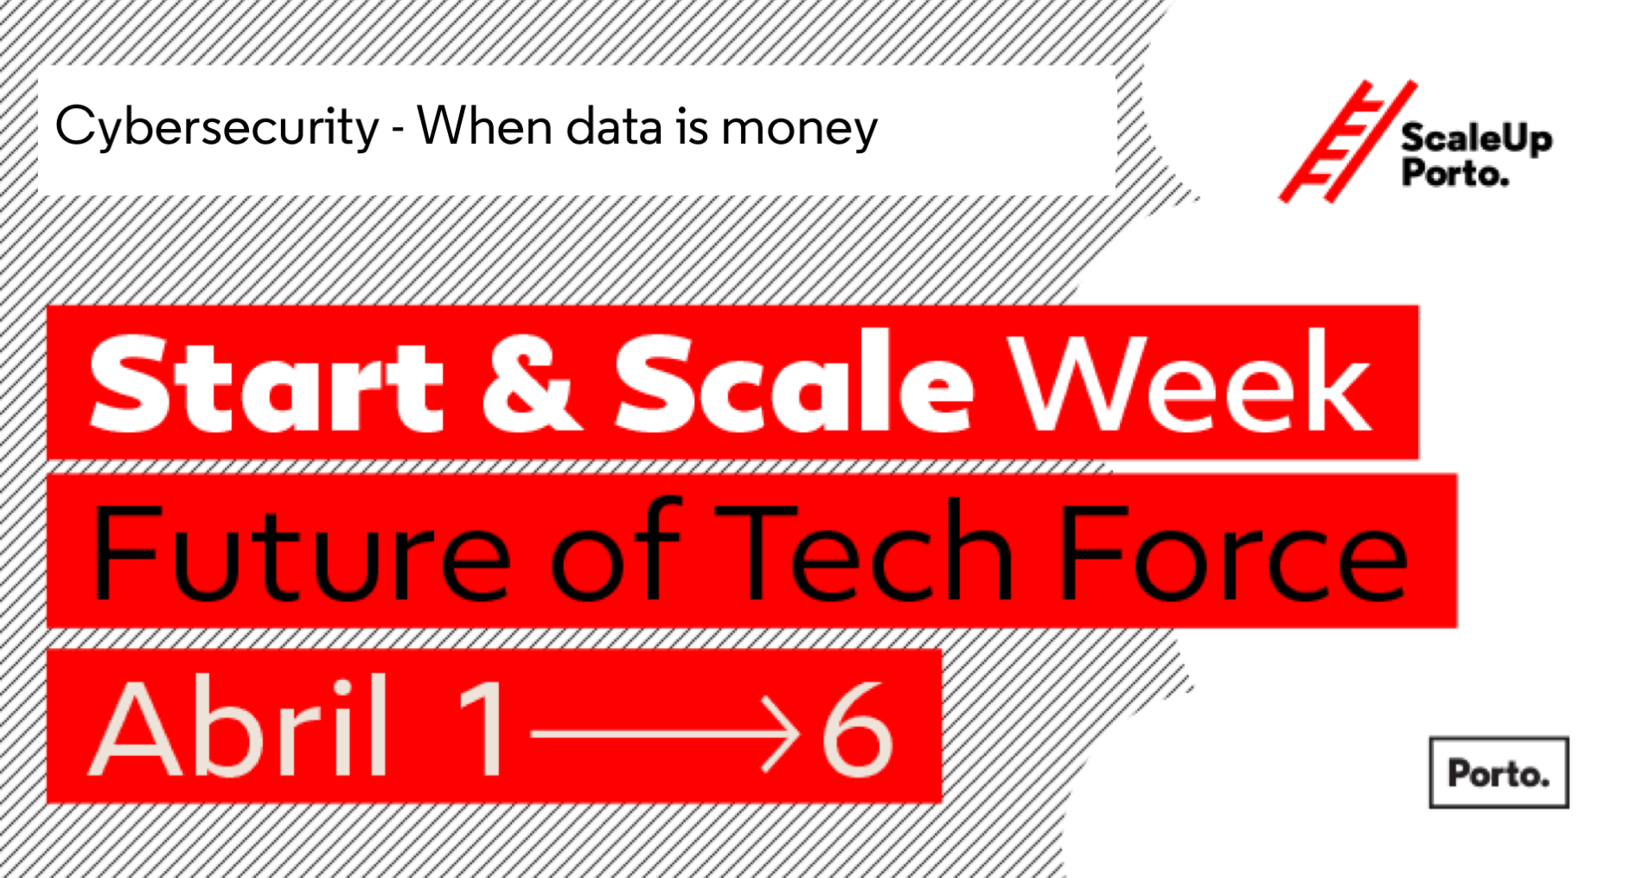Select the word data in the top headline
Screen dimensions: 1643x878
615,126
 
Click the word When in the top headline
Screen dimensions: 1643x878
485,125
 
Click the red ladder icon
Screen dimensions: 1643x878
1347,142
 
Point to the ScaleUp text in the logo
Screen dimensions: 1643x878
1476,139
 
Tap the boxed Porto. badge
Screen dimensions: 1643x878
1499,772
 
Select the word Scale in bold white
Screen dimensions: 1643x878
794,381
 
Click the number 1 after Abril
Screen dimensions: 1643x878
483,727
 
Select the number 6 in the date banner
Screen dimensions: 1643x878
856,727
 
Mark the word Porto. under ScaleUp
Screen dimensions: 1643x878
1454,174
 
